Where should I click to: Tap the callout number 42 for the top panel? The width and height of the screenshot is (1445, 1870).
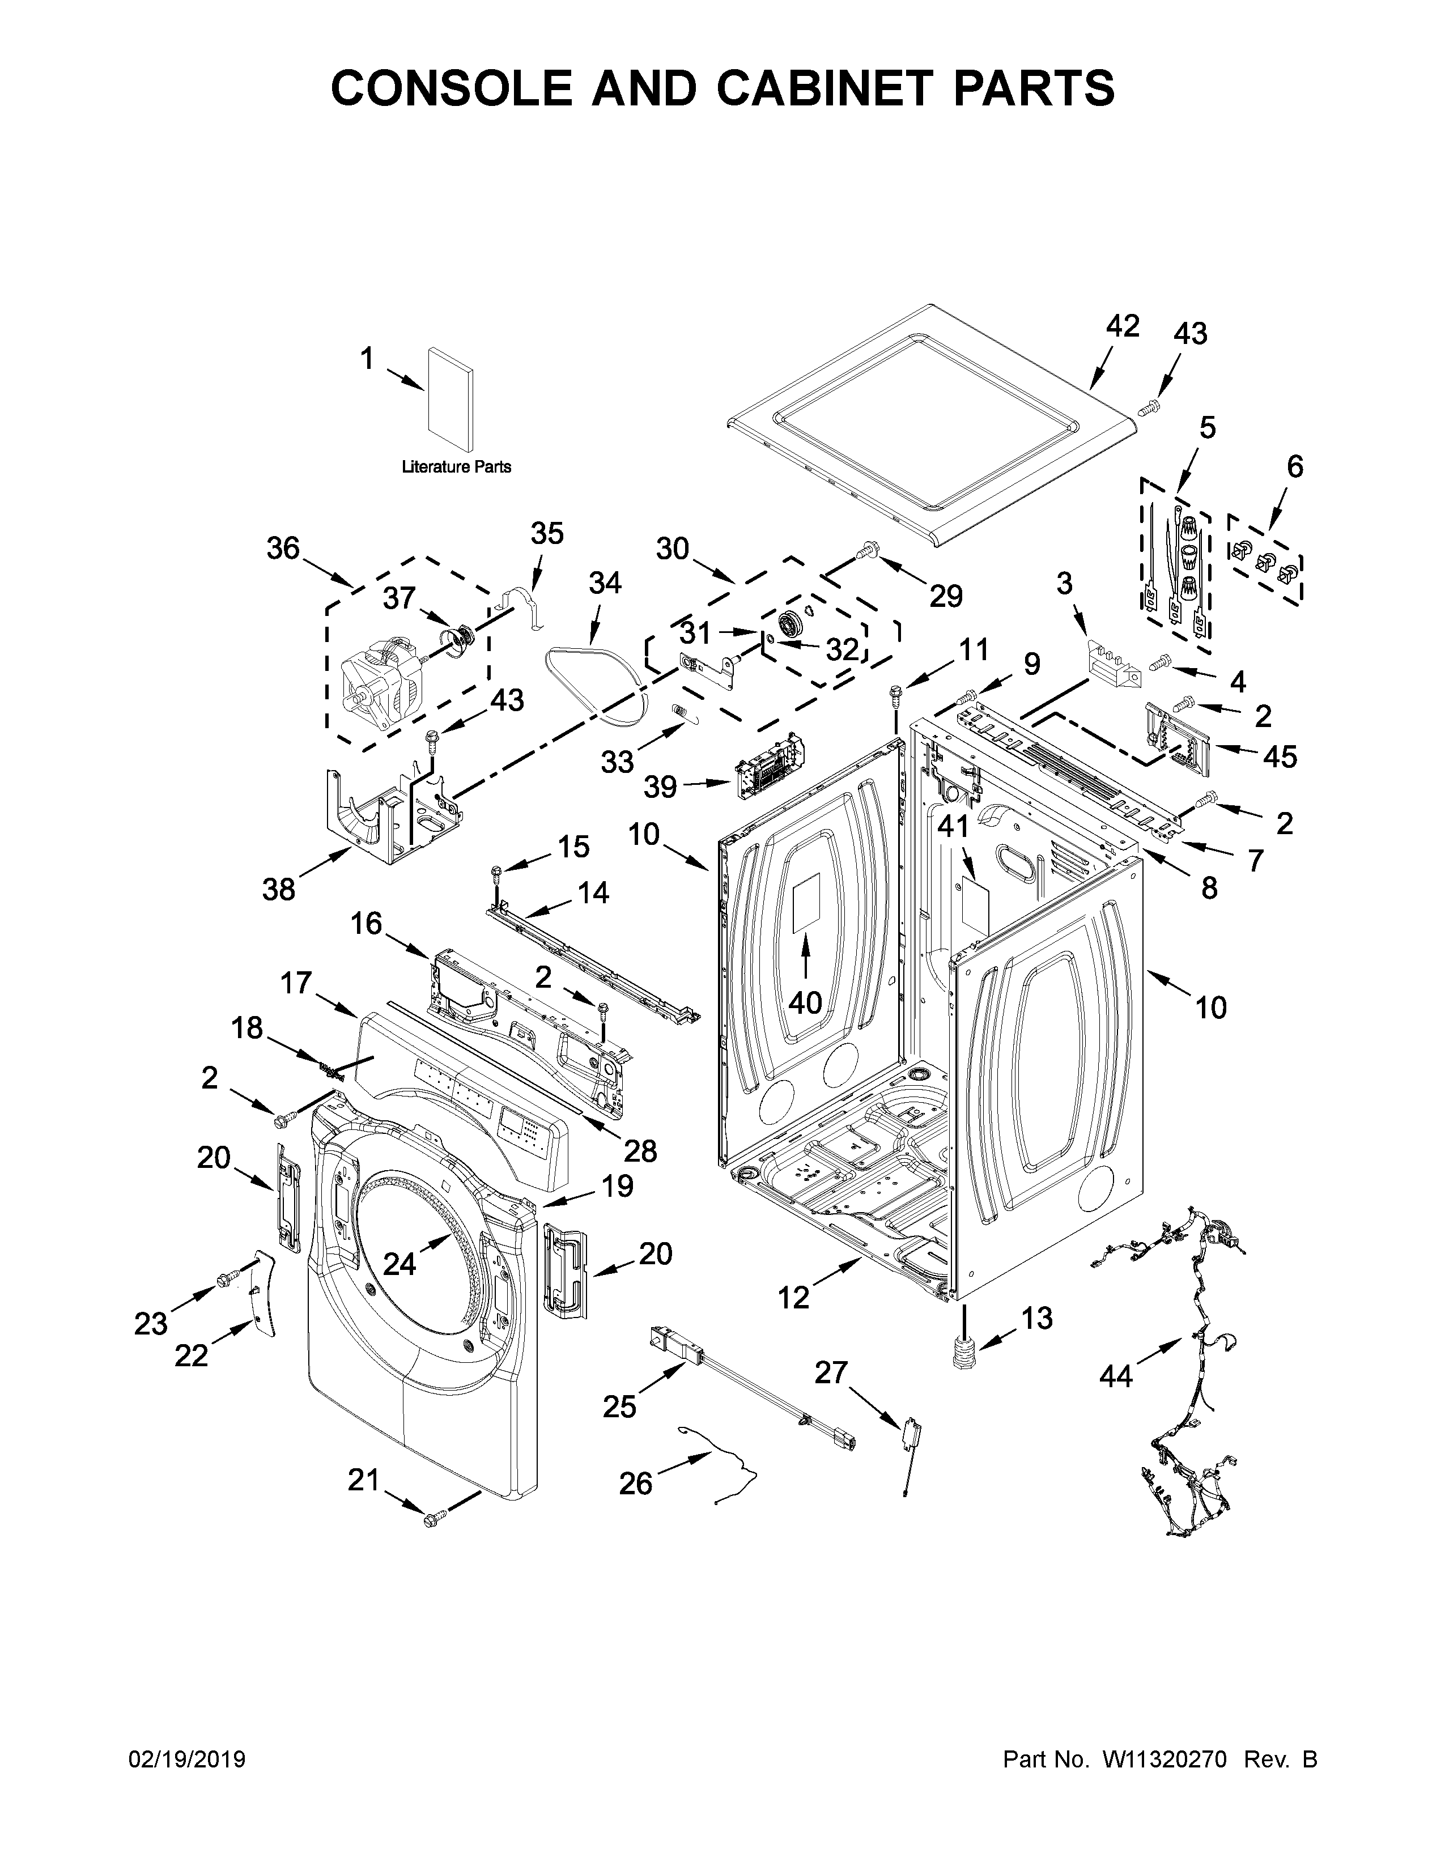tap(1122, 326)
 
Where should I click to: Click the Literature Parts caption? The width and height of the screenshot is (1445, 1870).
tap(456, 466)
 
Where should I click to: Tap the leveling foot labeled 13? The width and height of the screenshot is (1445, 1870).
tap(966, 1355)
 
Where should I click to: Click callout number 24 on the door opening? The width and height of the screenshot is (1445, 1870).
tap(399, 1263)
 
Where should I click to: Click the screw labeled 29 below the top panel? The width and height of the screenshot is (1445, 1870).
tap(869, 547)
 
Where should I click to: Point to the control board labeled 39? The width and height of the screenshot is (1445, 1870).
tap(771, 764)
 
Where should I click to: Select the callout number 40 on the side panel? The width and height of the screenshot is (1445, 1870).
tap(805, 1002)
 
